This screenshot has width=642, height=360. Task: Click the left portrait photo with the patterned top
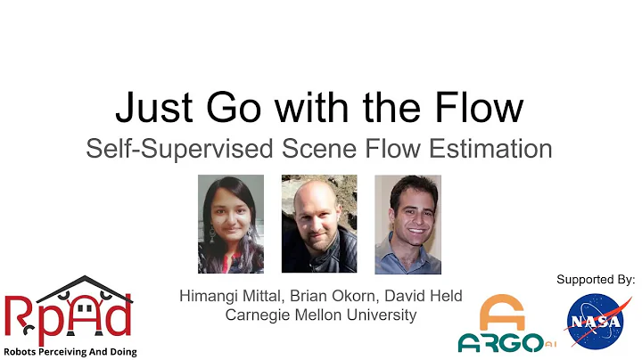click(231, 224)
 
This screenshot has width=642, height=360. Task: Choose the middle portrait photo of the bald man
click(319, 224)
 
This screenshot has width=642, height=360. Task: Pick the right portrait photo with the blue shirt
click(407, 224)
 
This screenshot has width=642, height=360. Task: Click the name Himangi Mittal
click(226, 296)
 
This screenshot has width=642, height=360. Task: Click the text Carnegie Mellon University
click(319, 315)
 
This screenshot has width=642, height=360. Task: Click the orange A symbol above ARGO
click(502, 314)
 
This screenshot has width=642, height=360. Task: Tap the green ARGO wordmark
click(496, 343)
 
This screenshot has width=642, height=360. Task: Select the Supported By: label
click(596, 280)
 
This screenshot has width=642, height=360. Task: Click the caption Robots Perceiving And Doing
click(70, 352)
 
